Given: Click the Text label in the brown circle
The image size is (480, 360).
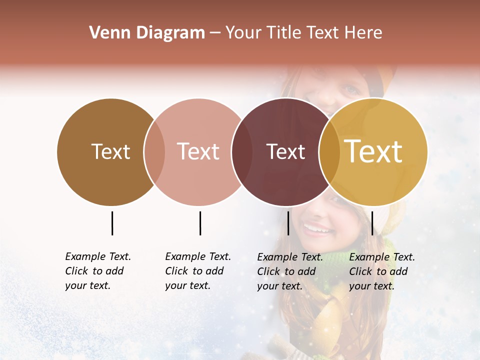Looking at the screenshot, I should (x=110, y=151).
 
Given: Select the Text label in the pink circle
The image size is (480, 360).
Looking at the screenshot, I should (x=198, y=151).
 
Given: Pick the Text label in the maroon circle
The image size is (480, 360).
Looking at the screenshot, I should (x=285, y=151).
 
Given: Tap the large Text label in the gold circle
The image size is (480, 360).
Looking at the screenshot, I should (x=373, y=151).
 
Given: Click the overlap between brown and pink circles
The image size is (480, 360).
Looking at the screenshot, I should (x=154, y=152).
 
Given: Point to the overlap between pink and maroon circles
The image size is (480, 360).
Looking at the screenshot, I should (x=242, y=152).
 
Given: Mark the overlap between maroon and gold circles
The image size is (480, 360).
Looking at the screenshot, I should (x=329, y=152).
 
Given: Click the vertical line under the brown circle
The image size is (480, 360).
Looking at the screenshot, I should (x=112, y=223).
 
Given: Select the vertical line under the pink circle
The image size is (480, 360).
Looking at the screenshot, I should (x=200, y=223).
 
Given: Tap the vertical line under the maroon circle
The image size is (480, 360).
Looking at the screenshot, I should (x=288, y=223).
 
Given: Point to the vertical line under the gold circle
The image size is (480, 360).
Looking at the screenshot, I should (x=372, y=223).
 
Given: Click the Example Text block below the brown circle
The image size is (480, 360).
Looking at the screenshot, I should (x=98, y=271).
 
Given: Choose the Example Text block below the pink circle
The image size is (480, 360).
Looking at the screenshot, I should (x=198, y=271).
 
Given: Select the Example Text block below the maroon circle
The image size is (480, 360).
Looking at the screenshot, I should (x=290, y=271).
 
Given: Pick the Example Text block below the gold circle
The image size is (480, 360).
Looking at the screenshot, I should (x=382, y=271).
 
